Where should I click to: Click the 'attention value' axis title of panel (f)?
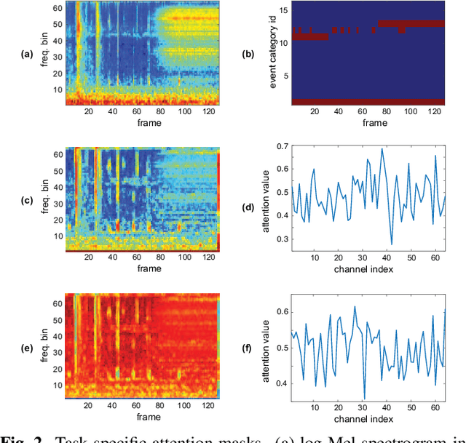(x=261, y=347)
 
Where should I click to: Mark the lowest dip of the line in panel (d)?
(x=392, y=244)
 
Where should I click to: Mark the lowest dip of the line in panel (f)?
(x=365, y=399)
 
